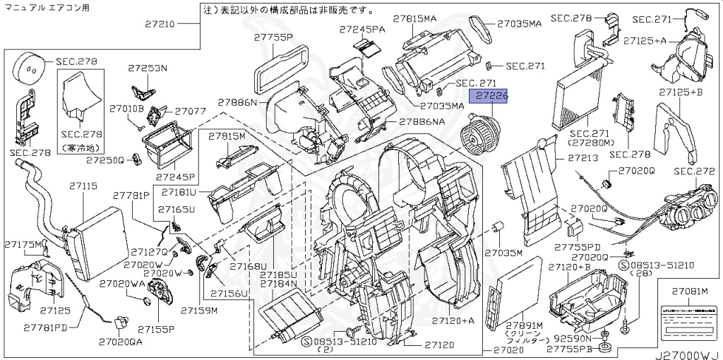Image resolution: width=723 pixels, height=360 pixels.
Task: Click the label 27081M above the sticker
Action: point(688,291)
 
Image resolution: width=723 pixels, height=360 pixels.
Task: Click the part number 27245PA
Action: point(362,29)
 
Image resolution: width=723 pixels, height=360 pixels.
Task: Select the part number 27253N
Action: point(148,68)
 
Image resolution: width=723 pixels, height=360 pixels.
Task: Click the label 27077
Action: point(190,112)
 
